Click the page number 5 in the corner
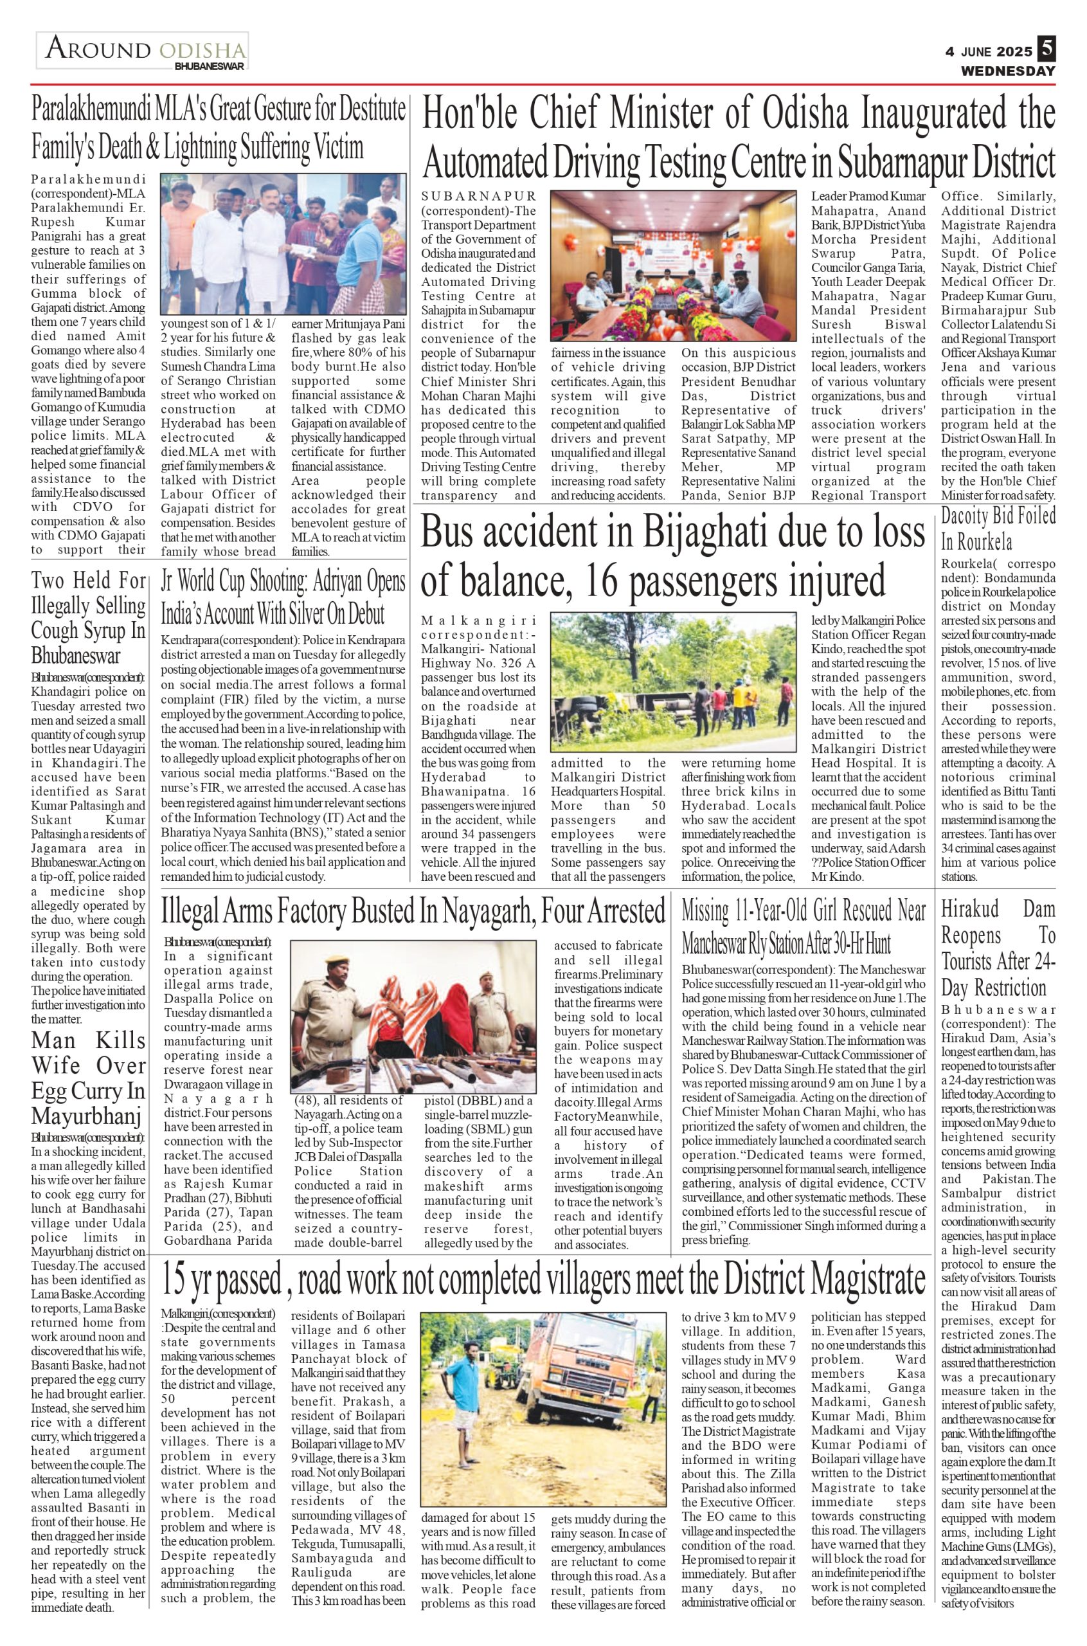pos(1046,50)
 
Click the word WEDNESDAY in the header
pos(1007,71)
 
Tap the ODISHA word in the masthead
pos(202,50)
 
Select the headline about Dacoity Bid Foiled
pos(998,529)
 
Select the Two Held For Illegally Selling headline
pos(89,617)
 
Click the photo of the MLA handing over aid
pos(283,242)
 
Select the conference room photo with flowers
pos(672,266)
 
